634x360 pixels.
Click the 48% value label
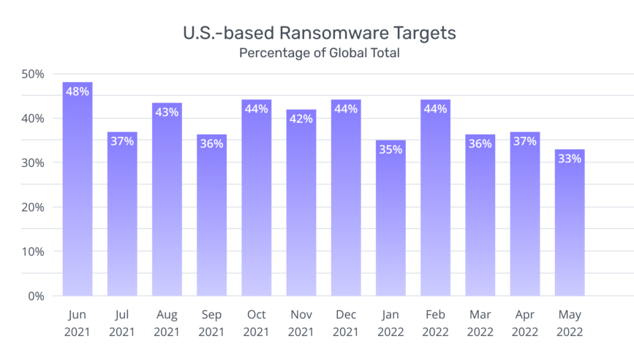point(78,91)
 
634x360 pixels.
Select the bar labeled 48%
point(78,198)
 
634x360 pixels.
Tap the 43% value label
point(167,112)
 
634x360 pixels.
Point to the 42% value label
point(301,119)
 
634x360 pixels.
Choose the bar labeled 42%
point(301,212)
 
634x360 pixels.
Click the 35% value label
point(390,149)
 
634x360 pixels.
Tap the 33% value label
point(569,158)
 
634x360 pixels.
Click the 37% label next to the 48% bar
point(122,141)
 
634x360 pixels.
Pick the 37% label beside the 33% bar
point(524,141)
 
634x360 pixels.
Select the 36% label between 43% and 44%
point(211,143)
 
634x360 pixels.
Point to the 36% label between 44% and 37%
point(480,143)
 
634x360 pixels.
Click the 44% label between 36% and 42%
point(256,109)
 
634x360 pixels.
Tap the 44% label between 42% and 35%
point(346,109)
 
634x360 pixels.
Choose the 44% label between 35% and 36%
point(435,109)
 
